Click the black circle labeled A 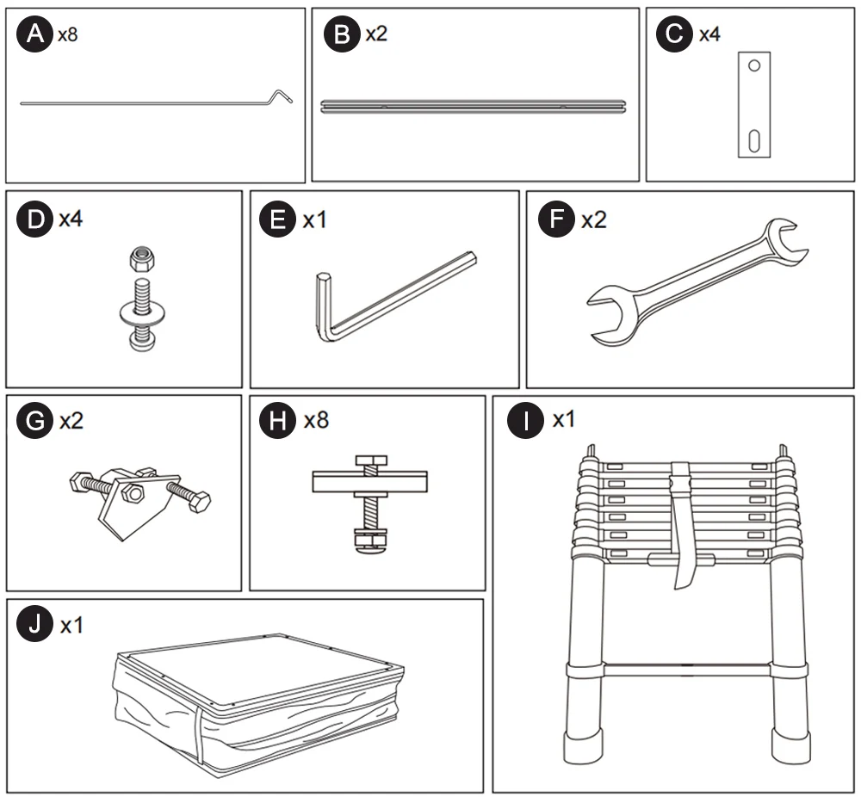click(34, 34)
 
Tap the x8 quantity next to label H click(316, 421)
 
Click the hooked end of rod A click(282, 95)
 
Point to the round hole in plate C click(753, 65)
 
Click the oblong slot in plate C click(753, 139)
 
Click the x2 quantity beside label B click(376, 34)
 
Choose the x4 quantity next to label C click(709, 34)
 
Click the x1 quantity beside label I click(564, 421)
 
